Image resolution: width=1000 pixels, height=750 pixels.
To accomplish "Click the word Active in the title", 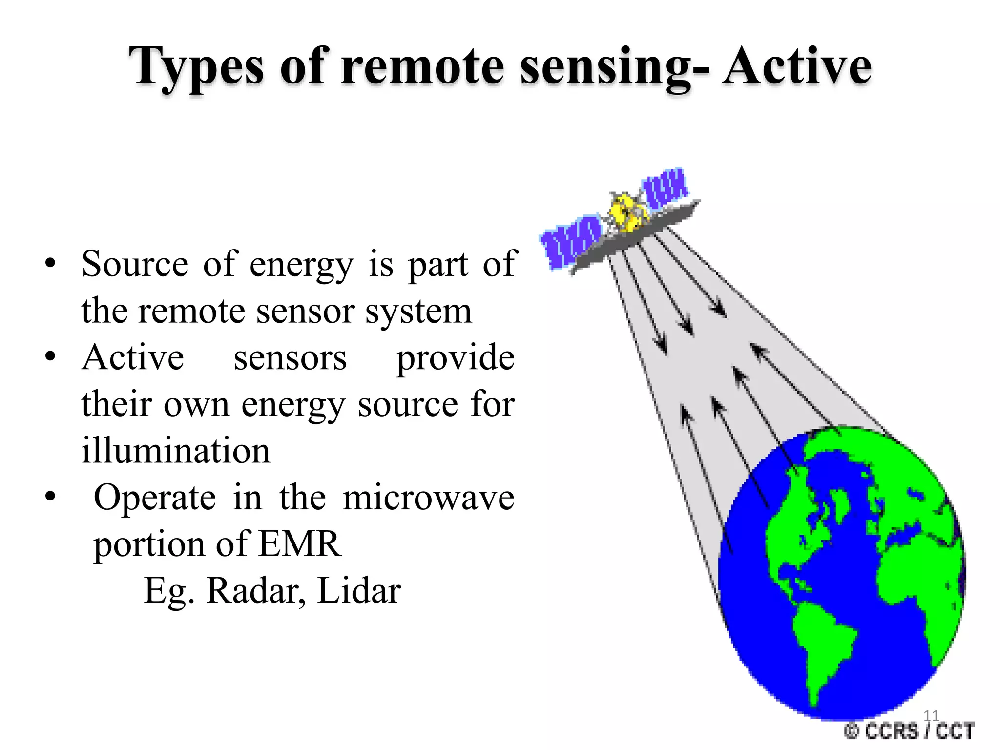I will coord(797,66).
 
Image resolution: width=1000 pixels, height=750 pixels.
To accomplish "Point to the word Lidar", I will coord(359,591).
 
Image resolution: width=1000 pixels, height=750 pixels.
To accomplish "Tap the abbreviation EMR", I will coord(299,544).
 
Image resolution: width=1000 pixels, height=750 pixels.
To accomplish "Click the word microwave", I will coord(428,498).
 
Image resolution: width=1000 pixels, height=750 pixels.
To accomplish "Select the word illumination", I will coord(176,450).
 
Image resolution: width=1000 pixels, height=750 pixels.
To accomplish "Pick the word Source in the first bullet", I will coord(135,264).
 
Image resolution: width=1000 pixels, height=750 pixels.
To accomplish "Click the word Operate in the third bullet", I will coord(154,498).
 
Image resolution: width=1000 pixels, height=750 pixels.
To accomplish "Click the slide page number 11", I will coord(931,716).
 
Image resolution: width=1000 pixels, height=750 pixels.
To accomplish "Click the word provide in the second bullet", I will coord(455,357).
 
